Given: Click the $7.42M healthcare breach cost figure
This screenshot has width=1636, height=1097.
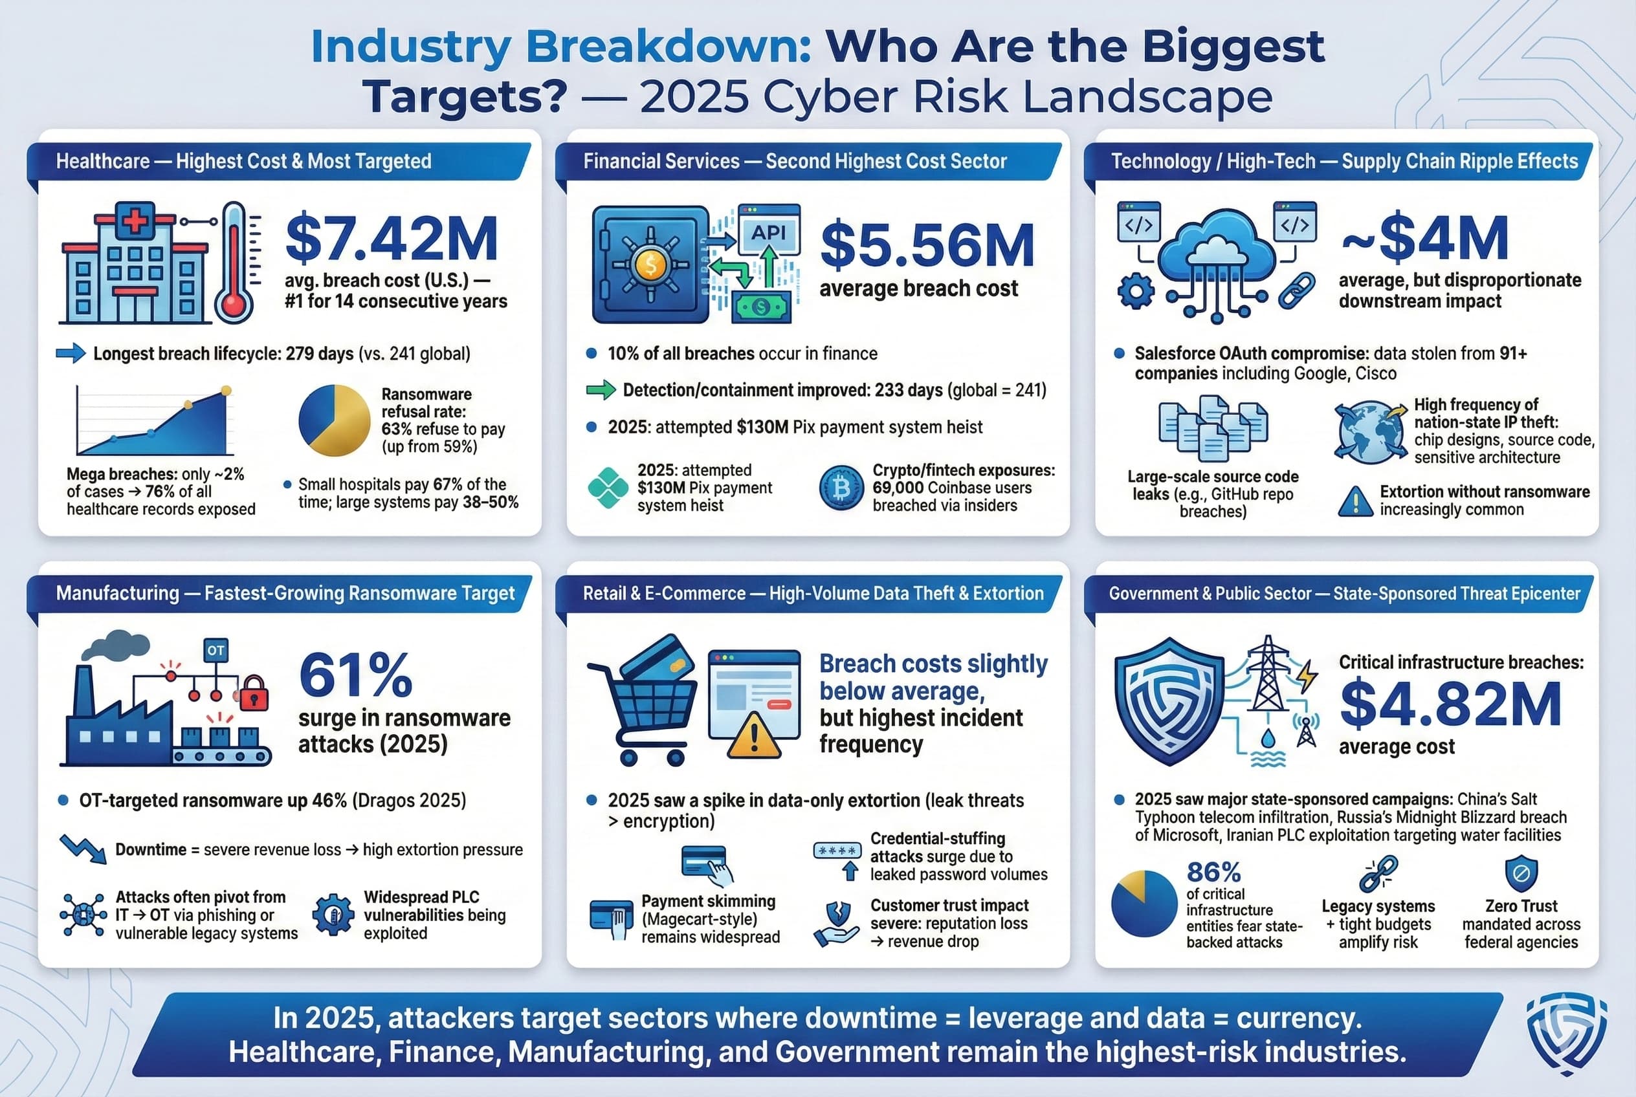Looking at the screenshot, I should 392,239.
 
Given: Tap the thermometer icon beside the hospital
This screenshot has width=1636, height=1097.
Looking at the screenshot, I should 234,263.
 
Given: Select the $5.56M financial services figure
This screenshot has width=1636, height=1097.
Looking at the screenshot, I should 927,246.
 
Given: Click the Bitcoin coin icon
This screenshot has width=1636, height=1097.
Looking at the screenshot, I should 841,488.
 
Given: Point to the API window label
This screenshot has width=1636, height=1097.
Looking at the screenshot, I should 768,232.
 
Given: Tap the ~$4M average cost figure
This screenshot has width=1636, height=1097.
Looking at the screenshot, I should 1425,238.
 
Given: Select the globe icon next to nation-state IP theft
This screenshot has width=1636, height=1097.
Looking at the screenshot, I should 1370,432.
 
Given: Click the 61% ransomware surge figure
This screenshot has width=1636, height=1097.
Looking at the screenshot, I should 356,675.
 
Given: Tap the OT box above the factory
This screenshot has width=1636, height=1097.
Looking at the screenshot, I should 216,650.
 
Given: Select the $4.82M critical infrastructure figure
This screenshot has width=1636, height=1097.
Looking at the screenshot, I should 1450,704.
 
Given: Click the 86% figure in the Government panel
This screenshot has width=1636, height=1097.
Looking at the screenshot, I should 1213,873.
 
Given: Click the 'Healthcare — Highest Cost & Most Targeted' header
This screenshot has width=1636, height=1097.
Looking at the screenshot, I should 243,162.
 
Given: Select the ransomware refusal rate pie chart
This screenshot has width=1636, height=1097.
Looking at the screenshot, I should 334,420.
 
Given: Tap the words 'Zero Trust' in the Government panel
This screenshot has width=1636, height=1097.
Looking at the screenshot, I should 1521,906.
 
